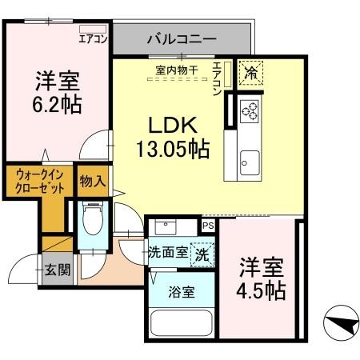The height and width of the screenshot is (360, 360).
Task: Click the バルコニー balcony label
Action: [181, 38]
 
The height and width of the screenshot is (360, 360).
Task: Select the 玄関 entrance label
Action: [57, 270]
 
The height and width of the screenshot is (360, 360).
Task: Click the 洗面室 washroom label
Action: [169, 252]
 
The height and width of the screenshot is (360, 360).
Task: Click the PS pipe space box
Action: [208, 226]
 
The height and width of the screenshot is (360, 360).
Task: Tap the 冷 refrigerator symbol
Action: [249, 70]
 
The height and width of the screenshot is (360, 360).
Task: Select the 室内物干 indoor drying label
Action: [178, 69]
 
